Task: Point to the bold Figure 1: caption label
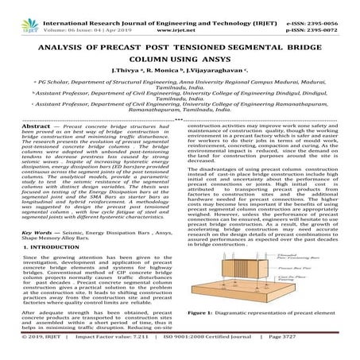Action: pos(205,335)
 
